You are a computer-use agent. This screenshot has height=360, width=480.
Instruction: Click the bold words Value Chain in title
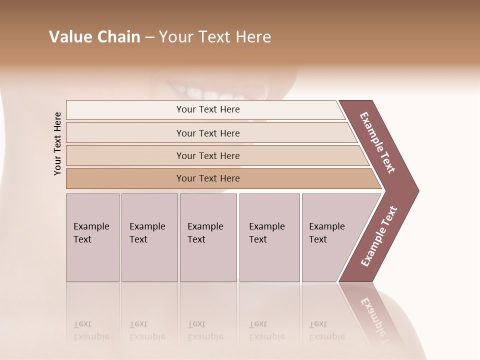click(x=94, y=37)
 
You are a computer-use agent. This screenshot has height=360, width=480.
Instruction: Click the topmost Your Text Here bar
click(x=207, y=109)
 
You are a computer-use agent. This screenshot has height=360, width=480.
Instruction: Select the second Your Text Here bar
click(x=207, y=133)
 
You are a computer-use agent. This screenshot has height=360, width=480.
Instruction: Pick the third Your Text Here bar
click(x=207, y=155)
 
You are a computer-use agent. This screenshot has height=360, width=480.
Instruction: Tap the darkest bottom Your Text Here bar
click(x=207, y=178)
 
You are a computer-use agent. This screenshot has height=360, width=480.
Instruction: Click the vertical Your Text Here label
click(x=57, y=143)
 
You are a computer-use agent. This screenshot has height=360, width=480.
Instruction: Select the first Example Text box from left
click(x=92, y=237)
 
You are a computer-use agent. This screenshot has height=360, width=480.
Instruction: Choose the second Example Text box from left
click(x=149, y=237)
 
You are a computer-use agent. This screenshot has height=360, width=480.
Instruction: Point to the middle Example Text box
click(x=208, y=237)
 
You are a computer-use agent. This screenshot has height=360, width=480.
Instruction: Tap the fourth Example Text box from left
click(x=269, y=237)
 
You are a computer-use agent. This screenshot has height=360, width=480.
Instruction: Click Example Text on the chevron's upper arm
click(x=377, y=142)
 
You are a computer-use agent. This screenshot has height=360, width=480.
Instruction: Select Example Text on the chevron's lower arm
click(x=378, y=236)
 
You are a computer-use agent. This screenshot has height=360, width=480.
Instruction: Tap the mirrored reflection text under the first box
click(x=91, y=330)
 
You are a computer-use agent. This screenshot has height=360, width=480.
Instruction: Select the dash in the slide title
click(x=149, y=37)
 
